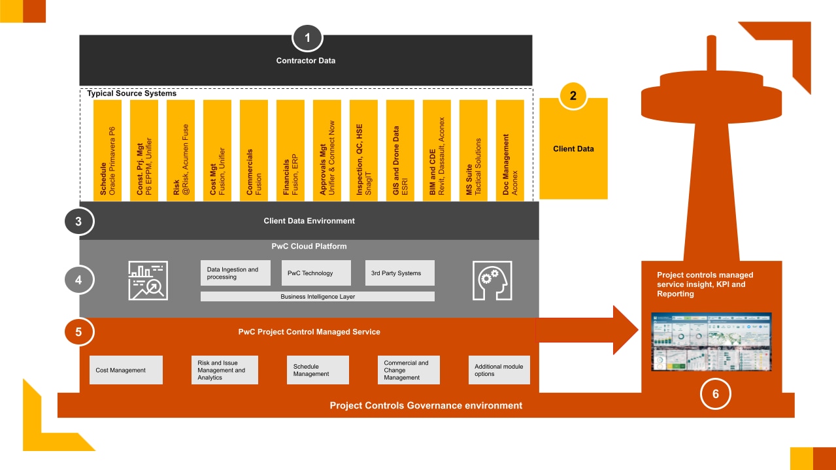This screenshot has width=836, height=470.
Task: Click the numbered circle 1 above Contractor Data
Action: [307, 38]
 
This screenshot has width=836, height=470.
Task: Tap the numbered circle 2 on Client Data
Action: [573, 95]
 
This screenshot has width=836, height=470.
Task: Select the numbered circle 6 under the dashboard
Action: [716, 394]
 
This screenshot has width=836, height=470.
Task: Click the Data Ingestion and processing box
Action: [235, 273]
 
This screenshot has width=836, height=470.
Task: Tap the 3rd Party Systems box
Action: [399, 273]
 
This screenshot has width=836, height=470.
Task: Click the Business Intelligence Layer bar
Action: [317, 297]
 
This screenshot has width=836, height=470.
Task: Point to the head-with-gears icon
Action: [492, 280]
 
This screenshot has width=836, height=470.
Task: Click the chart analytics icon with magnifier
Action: [148, 280]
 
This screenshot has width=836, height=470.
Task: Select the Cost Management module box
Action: [125, 370]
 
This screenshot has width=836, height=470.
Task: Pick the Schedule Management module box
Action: [318, 370]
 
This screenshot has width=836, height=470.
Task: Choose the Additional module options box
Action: [499, 370]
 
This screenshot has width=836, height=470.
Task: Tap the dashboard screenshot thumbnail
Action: [711, 342]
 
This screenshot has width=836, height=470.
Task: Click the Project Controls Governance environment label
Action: [426, 405]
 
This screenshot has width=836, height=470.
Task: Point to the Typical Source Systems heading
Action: [131, 93]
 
